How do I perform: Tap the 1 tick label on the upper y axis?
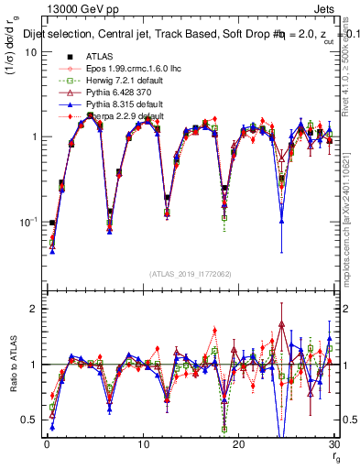(x=34, y=136)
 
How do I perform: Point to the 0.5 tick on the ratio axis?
(x=30, y=420)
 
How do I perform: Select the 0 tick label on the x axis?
(x=47, y=444)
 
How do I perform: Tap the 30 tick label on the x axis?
(x=333, y=444)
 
